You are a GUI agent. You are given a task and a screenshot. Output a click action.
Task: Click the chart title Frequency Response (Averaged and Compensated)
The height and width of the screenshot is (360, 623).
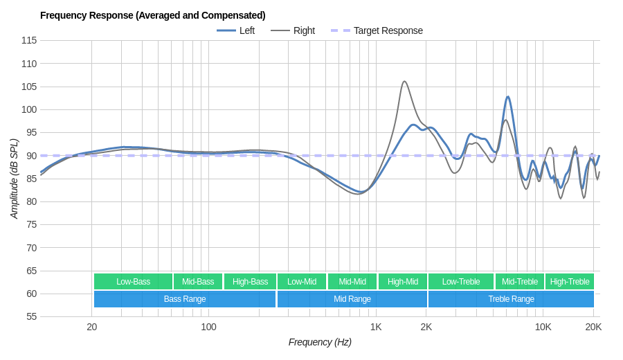click(152, 15)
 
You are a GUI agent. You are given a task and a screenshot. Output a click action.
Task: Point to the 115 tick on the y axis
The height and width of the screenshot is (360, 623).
click(29, 40)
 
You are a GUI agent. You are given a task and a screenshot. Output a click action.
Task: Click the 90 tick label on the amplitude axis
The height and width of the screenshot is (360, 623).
click(31, 156)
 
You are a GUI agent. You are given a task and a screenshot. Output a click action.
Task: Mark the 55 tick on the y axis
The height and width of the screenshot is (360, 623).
click(31, 316)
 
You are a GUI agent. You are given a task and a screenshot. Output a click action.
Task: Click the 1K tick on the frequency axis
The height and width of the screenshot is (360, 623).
click(376, 327)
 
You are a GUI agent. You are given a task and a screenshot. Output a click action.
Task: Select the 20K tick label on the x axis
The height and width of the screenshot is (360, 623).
click(593, 327)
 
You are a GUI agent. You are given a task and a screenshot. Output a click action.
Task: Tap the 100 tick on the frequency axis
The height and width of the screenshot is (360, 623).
click(208, 327)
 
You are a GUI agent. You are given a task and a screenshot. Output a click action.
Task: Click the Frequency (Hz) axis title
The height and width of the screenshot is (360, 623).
click(320, 342)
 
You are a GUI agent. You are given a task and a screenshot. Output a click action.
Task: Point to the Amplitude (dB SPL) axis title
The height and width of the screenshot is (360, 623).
click(14, 179)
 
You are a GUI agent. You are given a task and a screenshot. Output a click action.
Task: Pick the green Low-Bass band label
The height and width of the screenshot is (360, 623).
click(133, 281)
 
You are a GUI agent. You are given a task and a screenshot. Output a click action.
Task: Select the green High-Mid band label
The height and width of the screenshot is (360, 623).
click(402, 281)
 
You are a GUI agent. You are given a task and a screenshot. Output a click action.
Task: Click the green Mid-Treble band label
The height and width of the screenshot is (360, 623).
click(519, 281)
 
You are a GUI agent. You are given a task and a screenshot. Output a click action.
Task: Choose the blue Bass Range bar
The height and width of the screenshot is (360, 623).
click(184, 299)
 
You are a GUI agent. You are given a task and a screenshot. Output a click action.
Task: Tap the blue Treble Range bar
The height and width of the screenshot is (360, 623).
click(511, 299)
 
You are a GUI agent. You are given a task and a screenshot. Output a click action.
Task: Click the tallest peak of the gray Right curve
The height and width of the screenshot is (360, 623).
click(404, 82)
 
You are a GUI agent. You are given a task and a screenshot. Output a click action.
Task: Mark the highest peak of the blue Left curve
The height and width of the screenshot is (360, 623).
click(507, 97)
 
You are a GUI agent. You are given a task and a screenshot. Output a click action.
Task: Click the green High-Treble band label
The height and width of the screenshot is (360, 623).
click(570, 281)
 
